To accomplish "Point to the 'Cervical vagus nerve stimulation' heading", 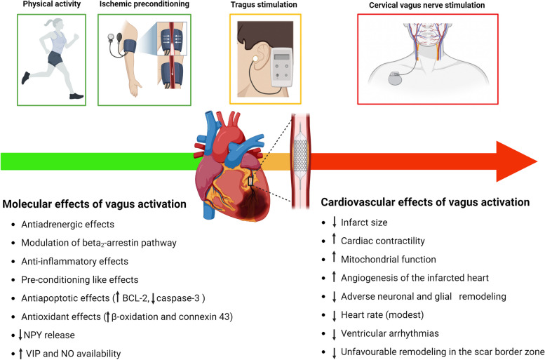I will [431, 6].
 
